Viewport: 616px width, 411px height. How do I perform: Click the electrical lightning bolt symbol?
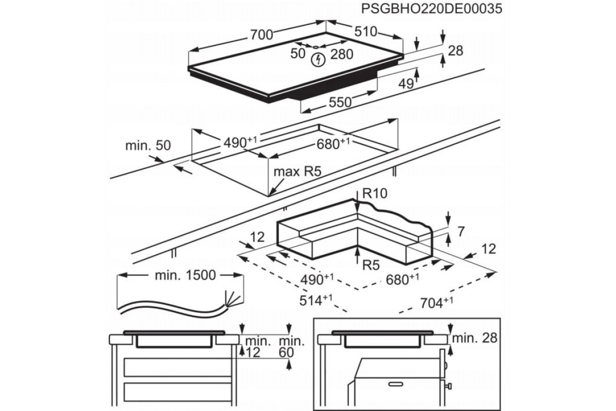point(319,59)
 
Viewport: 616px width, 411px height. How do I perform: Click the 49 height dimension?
point(406,84)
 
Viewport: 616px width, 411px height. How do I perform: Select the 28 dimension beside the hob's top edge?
point(455,50)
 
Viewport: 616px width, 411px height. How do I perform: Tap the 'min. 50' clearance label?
point(148,145)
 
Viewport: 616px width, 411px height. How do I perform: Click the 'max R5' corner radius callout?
point(297,172)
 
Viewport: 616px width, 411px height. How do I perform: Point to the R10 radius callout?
point(374,193)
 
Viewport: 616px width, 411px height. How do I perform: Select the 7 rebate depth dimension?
point(460,231)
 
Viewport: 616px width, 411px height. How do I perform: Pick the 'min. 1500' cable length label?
point(178,275)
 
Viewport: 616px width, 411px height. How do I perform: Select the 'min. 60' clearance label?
point(291,346)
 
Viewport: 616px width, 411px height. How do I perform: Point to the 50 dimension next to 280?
point(298,53)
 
